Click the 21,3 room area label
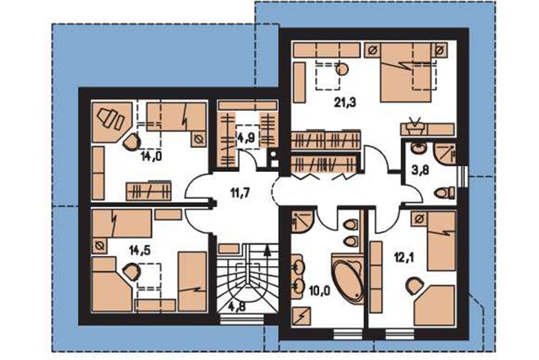tap(345, 103)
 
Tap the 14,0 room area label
tap(151, 157)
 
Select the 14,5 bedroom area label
tap(140, 250)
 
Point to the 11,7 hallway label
tap(240, 193)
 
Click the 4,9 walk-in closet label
tap(245, 138)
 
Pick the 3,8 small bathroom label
tap(420, 169)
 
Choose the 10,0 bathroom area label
tap(319, 291)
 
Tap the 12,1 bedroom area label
tap(404, 257)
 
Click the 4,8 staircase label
tap(237, 306)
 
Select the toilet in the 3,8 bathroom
tap(444, 192)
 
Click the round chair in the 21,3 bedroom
tap(342, 69)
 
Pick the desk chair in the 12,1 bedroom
tap(414, 286)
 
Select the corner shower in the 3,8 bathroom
tap(445, 153)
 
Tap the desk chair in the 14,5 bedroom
tap(132, 272)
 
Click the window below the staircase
tap(241, 320)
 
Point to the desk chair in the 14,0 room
tap(131, 142)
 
